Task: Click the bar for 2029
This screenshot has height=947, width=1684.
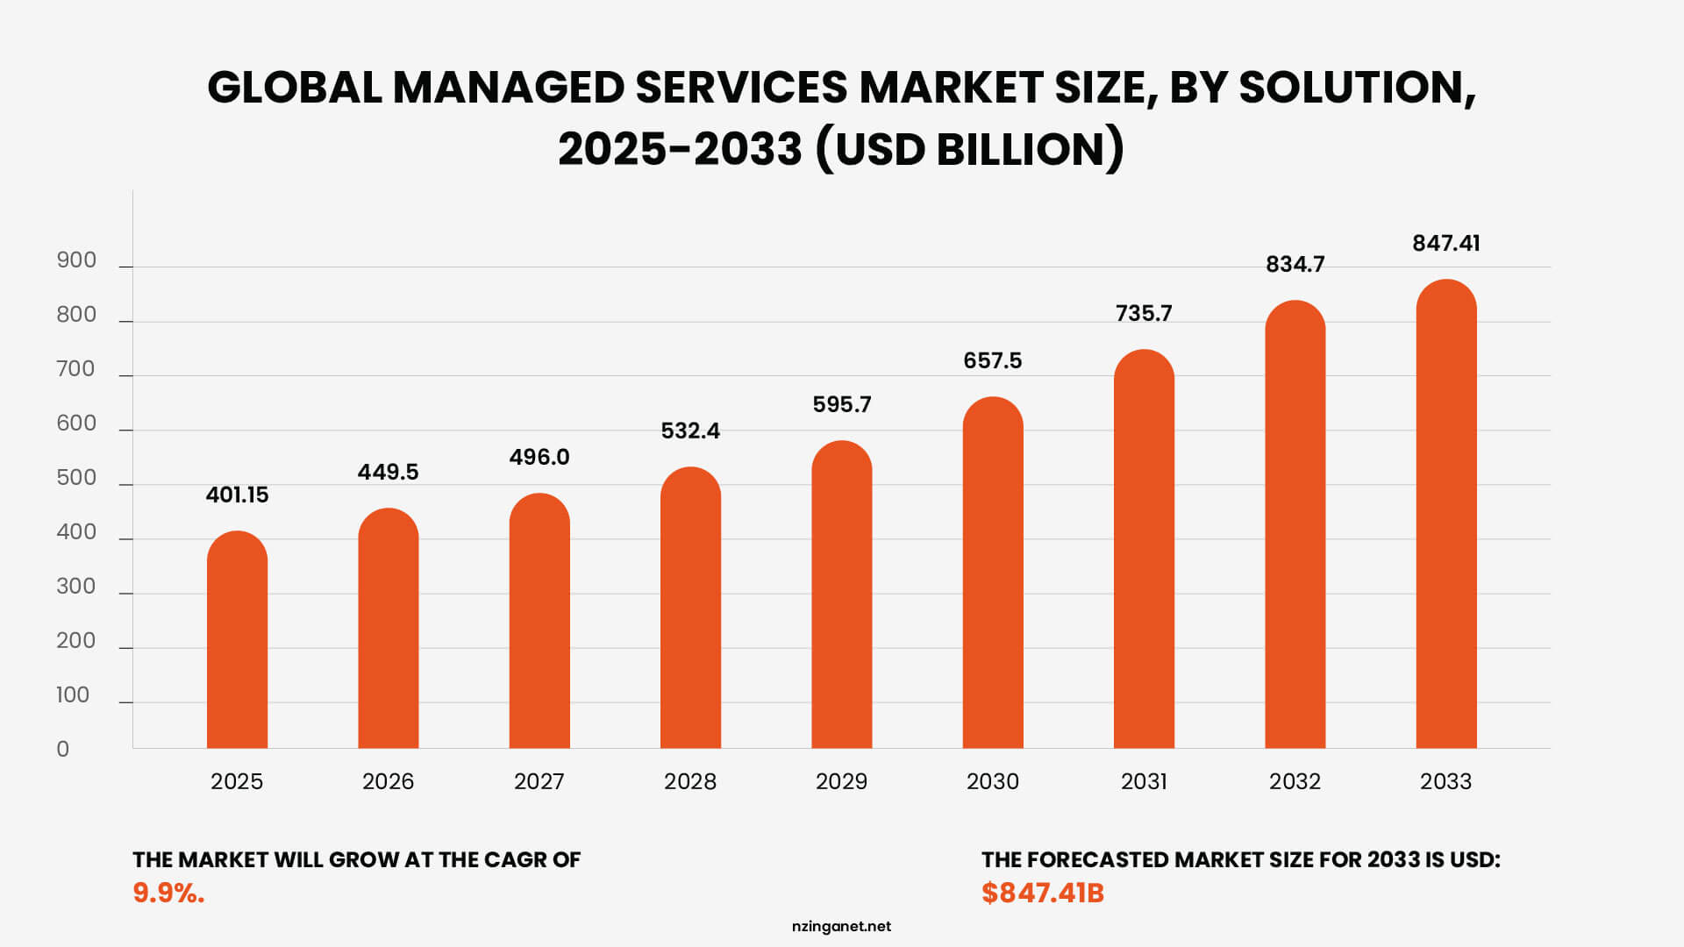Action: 841,596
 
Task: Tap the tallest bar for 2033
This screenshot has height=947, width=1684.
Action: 1445,517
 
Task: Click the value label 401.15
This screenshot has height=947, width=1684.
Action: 237,495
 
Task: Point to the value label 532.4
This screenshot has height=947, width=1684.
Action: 690,431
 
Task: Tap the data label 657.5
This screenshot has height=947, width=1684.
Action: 992,361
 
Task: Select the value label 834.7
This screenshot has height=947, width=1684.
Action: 1295,265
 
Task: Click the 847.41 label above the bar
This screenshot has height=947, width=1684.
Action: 1445,244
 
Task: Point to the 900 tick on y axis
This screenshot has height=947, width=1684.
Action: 76,260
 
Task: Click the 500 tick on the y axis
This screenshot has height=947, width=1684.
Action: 76,478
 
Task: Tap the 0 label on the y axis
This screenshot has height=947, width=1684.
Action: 63,750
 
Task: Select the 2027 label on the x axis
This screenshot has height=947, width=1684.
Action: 539,781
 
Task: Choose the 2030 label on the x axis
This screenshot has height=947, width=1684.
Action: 992,781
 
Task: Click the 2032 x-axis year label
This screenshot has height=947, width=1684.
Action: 1295,781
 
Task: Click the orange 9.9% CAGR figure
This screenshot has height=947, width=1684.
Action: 168,893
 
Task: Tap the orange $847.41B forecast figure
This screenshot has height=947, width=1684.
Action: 1042,893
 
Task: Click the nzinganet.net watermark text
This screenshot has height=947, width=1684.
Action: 841,926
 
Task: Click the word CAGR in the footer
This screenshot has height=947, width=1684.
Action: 515,859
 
